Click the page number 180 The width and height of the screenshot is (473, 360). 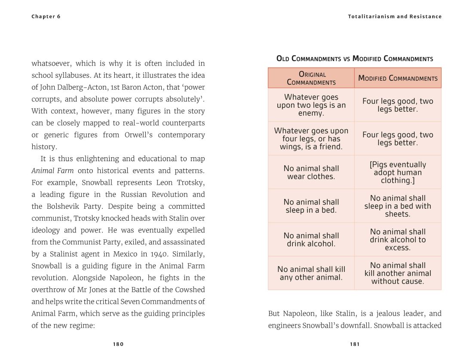(x=118, y=344)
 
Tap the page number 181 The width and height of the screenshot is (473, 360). (x=355, y=344)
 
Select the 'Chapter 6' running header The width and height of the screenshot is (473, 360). (x=46, y=17)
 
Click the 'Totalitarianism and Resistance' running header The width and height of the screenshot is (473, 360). (x=395, y=17)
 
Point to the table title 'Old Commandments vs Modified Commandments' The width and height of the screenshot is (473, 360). (x=354, y=58)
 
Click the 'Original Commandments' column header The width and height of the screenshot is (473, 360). (x=311, y=78)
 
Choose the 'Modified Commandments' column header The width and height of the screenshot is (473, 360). (x=398, y=78)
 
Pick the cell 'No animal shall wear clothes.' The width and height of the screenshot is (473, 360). (x=311, y=172)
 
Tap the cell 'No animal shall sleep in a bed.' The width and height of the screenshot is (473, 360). (x=311, y=206)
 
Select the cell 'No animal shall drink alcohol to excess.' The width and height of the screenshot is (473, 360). (x=398, y=240)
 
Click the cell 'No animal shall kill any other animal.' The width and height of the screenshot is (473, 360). (x=311, y=273)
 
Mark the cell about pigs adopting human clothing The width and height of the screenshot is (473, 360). (x=398, y=172)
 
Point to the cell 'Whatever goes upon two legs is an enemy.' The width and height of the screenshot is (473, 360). (x=311, y=105)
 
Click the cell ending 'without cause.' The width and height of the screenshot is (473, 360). (x=398, y=273)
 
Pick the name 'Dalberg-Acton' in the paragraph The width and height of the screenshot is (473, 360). (x=77, y=87)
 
